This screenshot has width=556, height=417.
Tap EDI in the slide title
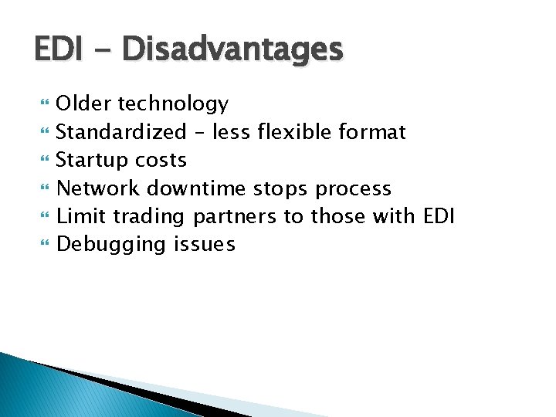pyautogui.click(x=57, y=49)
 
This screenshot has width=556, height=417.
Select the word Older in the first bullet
pyautogui.click(x=83, y=103)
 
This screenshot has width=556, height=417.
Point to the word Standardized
pyautogui.click(x=121, y=132)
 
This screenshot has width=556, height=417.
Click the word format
pyautogui.click(x=372, y=132)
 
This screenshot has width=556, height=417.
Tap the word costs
pyautogui.click(x=161, y=161)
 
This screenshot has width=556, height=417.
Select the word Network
pyautogui.click(x=98, y=188)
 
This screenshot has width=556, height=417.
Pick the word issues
pyautogui.click(x=205, y=245)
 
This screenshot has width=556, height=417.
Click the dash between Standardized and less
pyautogui.click(x=199, y=133)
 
